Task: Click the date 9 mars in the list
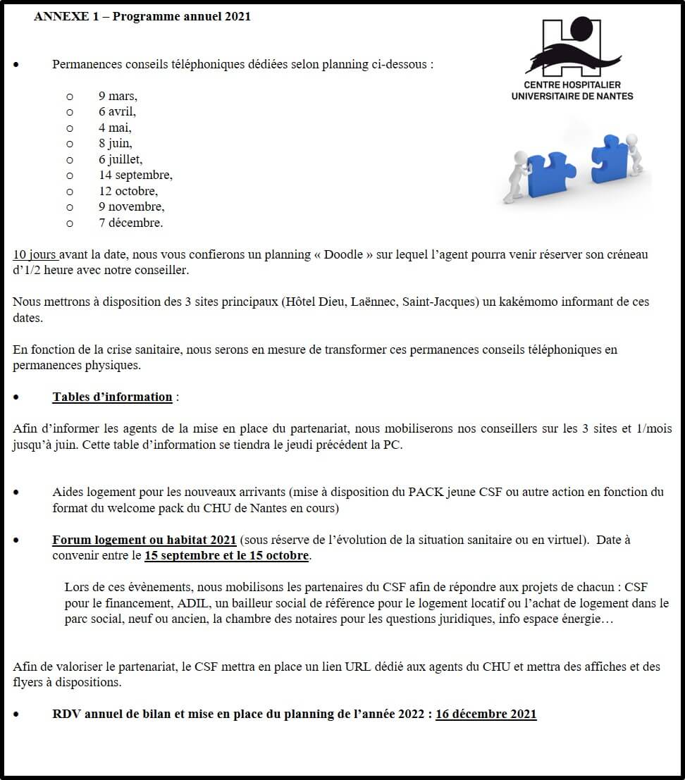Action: [118, 97]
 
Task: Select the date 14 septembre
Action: [135, 175]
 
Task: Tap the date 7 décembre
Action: [130, 223]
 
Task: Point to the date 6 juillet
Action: [120, 160]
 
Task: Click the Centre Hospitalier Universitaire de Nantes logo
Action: [572, 59]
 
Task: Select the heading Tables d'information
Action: [112, 397]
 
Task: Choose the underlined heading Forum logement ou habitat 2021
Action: [144, 540]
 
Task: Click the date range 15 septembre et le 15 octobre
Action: [227, 556]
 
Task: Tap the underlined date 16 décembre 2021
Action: [486, 714]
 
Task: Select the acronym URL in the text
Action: [358, 667]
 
